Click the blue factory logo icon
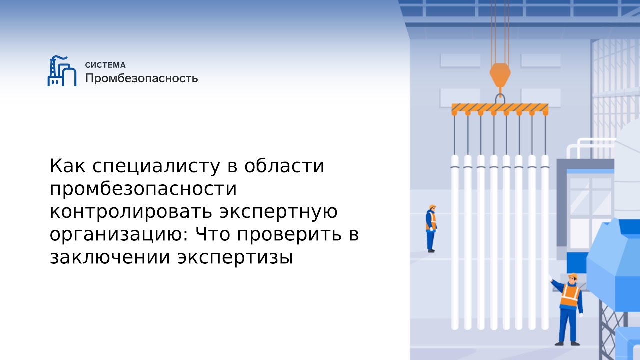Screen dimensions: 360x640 point(62,72)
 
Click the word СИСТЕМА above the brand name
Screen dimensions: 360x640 point(105,65)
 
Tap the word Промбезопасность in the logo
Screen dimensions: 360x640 point(141,79)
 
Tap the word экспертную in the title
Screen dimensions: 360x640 point(279,212)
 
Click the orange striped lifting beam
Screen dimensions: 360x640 point(500,108)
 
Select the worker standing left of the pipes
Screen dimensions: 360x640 point(431,228)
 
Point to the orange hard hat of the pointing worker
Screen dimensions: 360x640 point(573,276)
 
